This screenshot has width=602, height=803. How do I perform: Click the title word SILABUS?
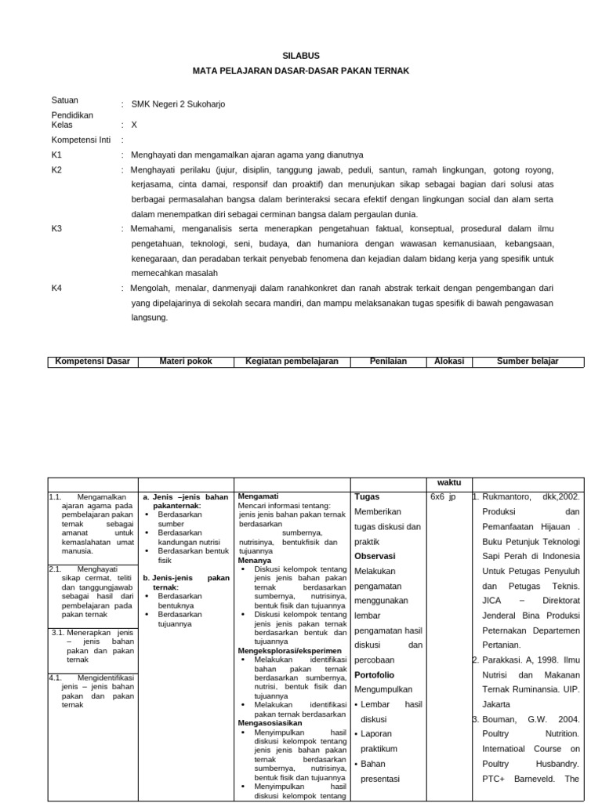pos(300,56)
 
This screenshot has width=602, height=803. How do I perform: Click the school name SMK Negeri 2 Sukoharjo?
pos(178,104)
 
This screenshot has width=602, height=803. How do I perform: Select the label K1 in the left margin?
pos(56,154)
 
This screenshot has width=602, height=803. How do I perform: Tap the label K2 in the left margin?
pos(56,169)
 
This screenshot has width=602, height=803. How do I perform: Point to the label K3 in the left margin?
pos(56,228)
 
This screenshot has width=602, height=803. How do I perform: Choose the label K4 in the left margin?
pos(56,288)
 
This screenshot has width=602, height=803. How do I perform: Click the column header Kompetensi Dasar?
pos(92,362)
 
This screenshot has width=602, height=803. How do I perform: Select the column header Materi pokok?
pos(186,362)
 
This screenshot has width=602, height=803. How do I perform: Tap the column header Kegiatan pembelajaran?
pos(291,362)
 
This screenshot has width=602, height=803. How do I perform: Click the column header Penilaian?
pos(389,362)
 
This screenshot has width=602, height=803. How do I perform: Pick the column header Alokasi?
pos(449,362)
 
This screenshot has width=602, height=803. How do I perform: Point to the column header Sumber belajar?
pos(528,362)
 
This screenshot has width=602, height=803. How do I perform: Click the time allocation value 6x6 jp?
pos(443,497)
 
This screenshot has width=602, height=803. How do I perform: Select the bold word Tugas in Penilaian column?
pos(367,497)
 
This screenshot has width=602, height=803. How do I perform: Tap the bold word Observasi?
pos(375,556)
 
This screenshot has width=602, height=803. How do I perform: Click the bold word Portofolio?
pos(375,674)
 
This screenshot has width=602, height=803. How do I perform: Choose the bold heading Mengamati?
pos(258,496)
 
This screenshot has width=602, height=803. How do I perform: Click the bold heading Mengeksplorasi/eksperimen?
pos(289,651)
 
